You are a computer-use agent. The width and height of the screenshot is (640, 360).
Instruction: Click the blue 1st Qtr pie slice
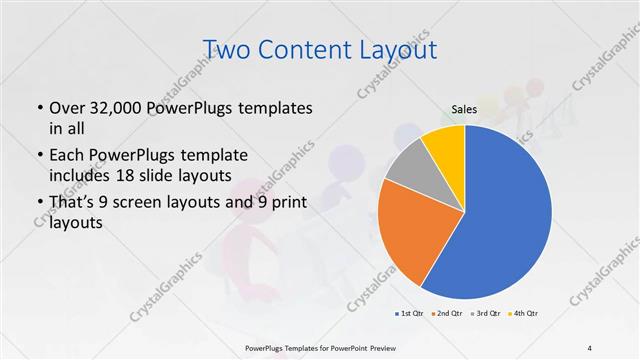(510, 220)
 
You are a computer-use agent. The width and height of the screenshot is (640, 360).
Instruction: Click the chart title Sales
(464, 109)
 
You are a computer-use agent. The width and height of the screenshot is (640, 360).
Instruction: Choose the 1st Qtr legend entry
(410, 314)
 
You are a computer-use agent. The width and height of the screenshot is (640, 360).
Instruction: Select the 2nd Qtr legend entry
(447, 314)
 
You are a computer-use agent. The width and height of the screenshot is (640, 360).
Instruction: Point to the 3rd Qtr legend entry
(485, 314)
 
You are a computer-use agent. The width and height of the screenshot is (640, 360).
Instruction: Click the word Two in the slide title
(227, 49)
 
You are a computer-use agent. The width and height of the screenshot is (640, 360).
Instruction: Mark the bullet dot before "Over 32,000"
(39, 109)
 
